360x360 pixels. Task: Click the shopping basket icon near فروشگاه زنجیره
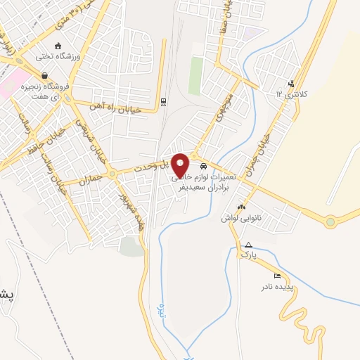45,76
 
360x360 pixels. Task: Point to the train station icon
163,101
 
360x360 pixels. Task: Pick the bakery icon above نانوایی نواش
242,207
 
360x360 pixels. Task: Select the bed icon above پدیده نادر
277,276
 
